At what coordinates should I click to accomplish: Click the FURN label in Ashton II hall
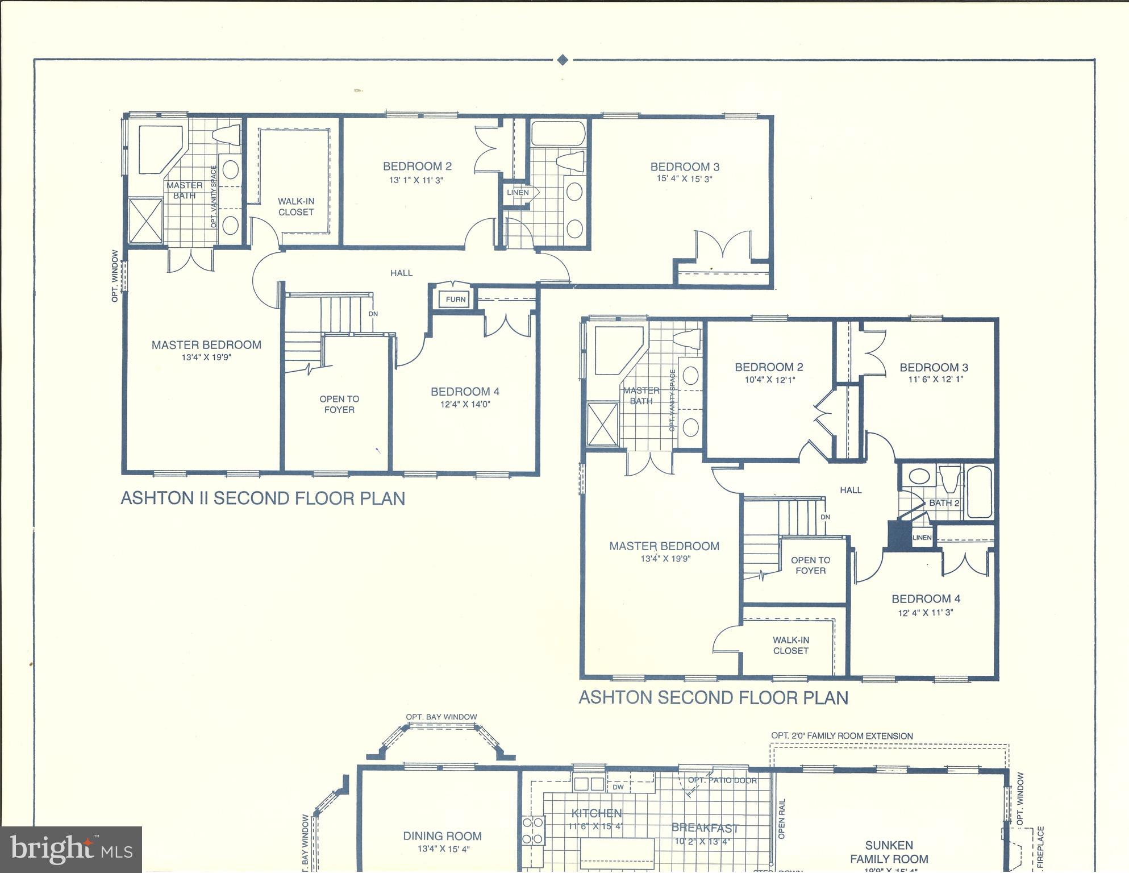tap(455, 300)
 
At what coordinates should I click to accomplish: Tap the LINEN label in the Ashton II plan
tap(518, 193)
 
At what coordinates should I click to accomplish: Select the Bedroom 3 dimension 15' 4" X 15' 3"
tap(685, 179)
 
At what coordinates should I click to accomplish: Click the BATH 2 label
tap(944, 503)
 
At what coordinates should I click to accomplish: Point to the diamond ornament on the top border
tap(563, 60)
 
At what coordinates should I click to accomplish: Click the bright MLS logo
tap(71, 850)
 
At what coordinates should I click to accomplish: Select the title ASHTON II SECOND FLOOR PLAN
tap(263, 498)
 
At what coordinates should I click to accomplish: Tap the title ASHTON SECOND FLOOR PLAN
tap(713, 698)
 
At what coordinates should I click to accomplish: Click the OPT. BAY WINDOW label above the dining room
tap(441, 717)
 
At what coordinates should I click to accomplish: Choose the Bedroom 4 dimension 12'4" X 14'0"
tap(465, 405)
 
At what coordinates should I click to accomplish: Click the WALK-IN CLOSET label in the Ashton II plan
tap(295, 206)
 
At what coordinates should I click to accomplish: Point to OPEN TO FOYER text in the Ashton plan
tap(810, 566)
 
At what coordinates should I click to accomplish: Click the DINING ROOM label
tap(442, 836)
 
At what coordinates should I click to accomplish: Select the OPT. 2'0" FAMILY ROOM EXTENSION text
tap(841, 736)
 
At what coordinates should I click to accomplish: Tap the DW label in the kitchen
tap(618, 787)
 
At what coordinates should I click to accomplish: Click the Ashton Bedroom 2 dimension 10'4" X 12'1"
tap(770, 380)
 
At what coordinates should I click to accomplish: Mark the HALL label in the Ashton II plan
tap(401, 273)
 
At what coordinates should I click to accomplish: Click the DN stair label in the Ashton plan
tap(825, 517)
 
